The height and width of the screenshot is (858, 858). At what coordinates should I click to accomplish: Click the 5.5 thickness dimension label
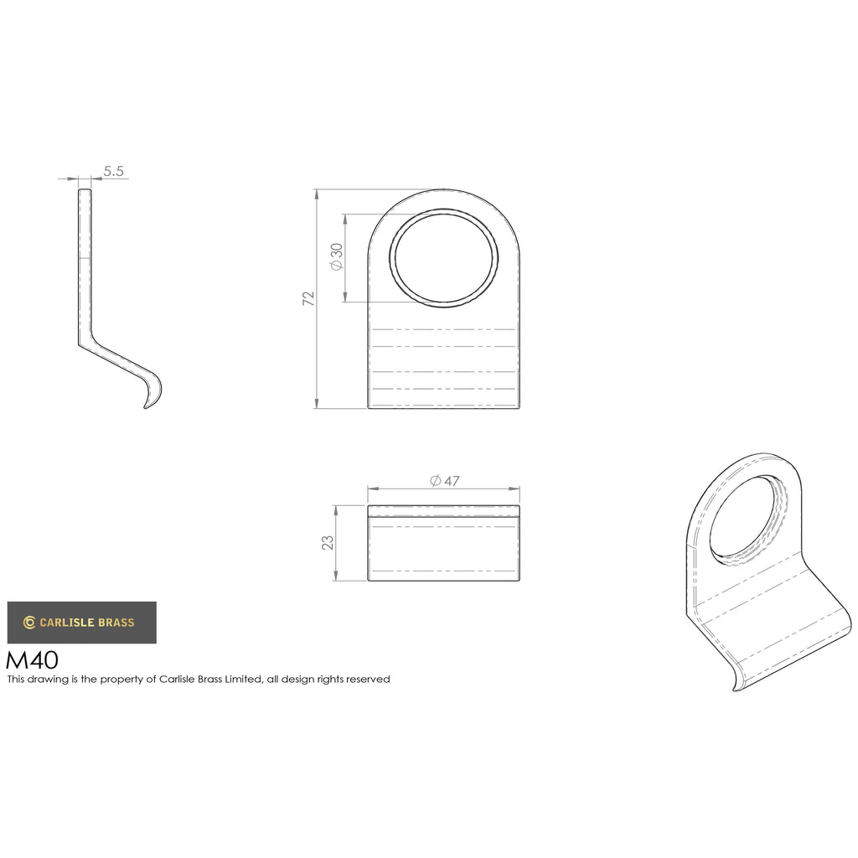pos(113,171)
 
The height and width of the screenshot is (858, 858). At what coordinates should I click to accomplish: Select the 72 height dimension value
pos(308,298)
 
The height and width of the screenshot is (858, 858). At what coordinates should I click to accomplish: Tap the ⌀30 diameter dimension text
pos(336,256)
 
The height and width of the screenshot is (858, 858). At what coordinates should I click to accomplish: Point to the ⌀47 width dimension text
pos(444,481)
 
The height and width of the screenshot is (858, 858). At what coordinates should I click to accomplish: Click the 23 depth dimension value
pos(328,543)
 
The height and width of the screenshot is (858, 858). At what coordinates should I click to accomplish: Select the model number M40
pos(32,660)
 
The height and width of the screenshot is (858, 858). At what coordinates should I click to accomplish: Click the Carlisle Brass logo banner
pos(81,623)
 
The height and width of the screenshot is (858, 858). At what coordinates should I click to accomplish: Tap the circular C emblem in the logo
pos(29,623)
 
